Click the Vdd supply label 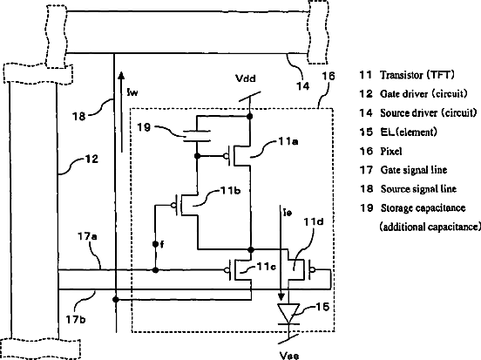pyautogui.click(x=246, y=78)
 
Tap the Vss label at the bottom pyautogui.click(x=289, y=356)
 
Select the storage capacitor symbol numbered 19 pyautogui.click(x=197, y=136)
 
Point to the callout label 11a pyautogui.click(x=288, y=141)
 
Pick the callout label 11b pyautogui.click(x=230, y=191)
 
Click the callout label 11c pyautogui.click(x=267, y=267)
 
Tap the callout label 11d pyautogui.click(x=314, y=221)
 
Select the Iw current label pyautogui.click(x=132, y=92)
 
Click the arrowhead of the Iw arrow pyautogui.click(x=121, y=76)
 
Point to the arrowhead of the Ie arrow pyautogui.click(x=281, y=296)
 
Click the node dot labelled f pyautogui.click(x=155, y=244)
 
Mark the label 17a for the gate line pyautogui.click(x=87, y=236)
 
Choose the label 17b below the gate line pyautogui.click(x=76, y=320)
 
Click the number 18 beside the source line pyautogui.click(x=78, y=116)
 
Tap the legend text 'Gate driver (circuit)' pyautogui.click(x=423, y=93)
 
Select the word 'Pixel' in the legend pyautogui.click(x=391, y=152)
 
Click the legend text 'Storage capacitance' pyautogui.click(x=423, y=208)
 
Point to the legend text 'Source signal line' pyautogui.click(x=418, y=189)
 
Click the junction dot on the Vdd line pyautogui.click(x=250, y=116)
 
